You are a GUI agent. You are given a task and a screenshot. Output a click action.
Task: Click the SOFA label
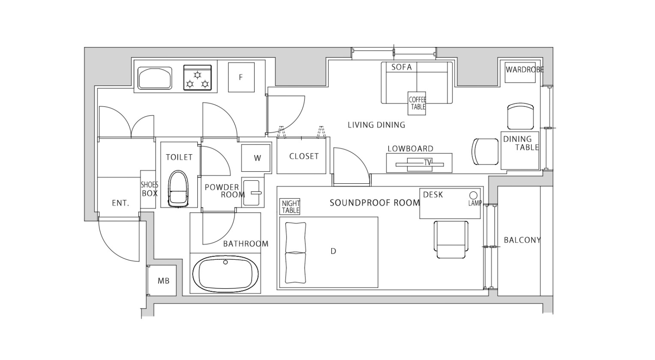402,67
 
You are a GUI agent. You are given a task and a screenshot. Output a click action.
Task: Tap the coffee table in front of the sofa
417,103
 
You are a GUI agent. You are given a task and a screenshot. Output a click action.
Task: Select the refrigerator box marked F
241,77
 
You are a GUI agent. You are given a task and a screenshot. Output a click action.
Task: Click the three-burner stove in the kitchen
197,78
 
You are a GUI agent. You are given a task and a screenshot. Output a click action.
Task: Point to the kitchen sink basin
155,78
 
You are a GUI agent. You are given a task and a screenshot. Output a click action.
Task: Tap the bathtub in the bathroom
226,274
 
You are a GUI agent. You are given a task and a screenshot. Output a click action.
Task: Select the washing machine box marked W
256,158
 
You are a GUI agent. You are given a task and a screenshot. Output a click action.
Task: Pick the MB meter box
163,281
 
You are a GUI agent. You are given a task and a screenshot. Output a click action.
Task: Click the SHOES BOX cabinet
148,189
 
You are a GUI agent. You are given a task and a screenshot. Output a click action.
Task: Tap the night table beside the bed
290,207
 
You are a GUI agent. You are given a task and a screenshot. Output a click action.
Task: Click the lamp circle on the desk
473,195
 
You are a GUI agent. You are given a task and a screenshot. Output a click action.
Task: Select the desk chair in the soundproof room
451,239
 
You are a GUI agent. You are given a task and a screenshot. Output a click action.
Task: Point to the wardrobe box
520,72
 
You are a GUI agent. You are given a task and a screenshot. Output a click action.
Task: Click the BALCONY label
522,240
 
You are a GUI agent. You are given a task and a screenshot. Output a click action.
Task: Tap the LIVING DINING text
376,125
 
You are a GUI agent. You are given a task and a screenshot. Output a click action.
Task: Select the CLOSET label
304,156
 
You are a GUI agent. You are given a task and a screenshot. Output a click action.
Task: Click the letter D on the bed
333,251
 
